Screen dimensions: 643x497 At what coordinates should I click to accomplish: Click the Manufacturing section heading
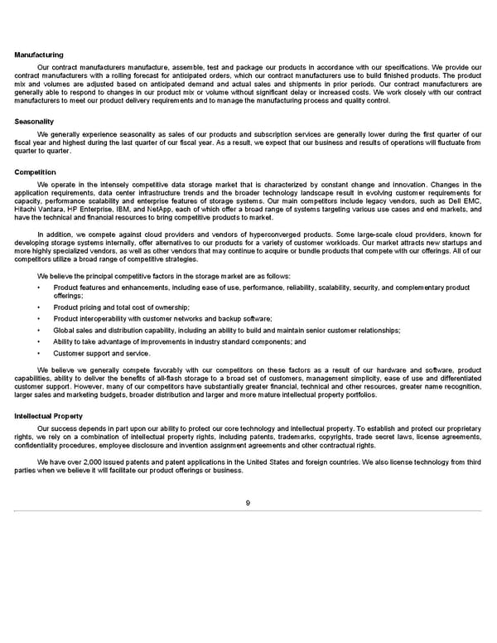pos(39,55)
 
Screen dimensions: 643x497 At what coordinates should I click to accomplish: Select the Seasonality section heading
pos(35,122)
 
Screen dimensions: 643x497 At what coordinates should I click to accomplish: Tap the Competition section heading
pos(36,172)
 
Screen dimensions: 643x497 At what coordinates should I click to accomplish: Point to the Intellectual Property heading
pos(49,416)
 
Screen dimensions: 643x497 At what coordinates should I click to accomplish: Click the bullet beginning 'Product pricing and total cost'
pos(121,307)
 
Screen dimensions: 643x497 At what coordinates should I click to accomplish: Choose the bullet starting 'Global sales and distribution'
pos(226,330)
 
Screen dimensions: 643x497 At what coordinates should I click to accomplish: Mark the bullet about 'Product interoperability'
pos(162,319)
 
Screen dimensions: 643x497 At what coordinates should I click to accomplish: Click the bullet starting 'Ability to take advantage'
pos(179,341)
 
